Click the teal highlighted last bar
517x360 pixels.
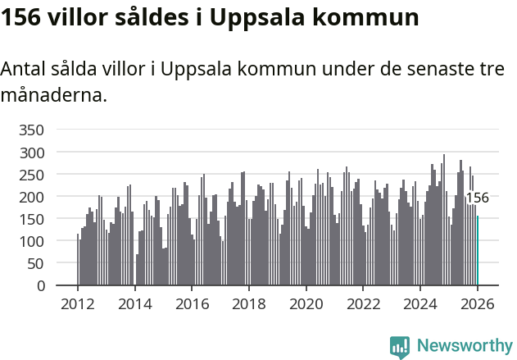pos(478,251)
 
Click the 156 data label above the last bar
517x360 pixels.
pos(477,198)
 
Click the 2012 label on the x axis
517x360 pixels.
pos(78,304)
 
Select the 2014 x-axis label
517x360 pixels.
pos(135,304)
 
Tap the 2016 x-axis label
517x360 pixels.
pos(192,304)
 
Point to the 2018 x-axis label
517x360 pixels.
pos(249,304)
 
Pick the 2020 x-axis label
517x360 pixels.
pos(306,304)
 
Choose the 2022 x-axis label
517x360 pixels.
pos(363,304)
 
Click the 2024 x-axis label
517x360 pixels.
pos(420,304)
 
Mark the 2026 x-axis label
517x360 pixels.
pos(478,304)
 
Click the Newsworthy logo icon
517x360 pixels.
pos(400,347)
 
